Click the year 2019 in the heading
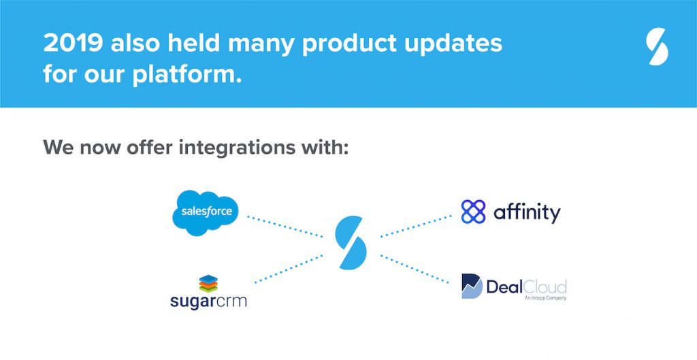(74, 44)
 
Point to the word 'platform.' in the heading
(187, 74)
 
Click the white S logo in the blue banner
(657, 46)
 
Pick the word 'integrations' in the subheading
(237, 148)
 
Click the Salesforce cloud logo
(206, 212)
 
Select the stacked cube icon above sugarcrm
(208, 284)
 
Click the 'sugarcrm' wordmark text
(208, 301)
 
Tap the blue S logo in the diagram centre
(351, 242)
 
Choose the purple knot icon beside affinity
(474, 212)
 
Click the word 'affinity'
(527, 213)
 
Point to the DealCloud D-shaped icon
(472, 287)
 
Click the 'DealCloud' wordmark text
(526, 287)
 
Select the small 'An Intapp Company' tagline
(545, 298)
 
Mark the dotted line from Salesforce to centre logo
(285, 227)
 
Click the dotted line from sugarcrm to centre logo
(289, 268)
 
